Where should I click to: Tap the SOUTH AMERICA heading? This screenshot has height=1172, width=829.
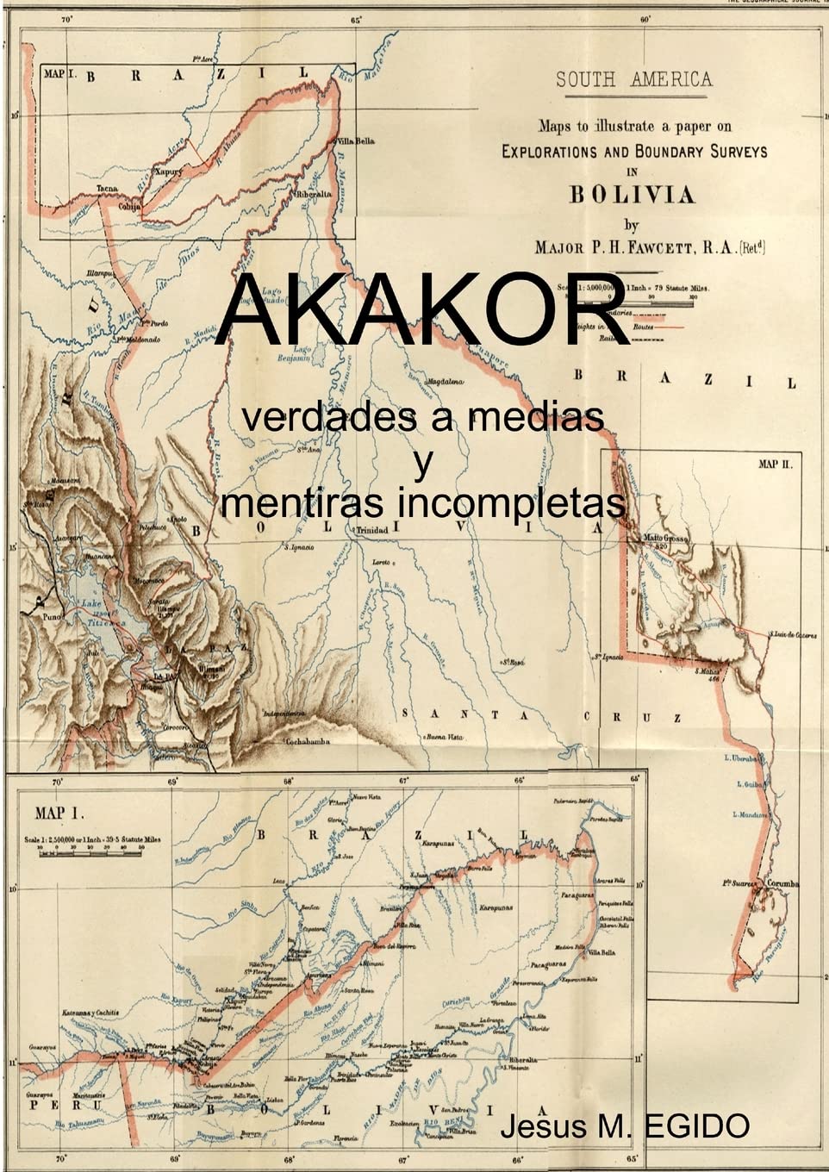[633, 80]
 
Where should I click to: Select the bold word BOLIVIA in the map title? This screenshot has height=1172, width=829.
[632, 195]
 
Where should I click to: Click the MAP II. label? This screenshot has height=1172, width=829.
[780, 464]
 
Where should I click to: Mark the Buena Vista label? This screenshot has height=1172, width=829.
[444, 738]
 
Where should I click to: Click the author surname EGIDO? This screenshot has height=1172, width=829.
[698, 1125]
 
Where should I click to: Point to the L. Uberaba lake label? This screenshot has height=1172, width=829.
[743, 758]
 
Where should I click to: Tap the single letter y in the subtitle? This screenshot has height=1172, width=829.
[423, 464]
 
